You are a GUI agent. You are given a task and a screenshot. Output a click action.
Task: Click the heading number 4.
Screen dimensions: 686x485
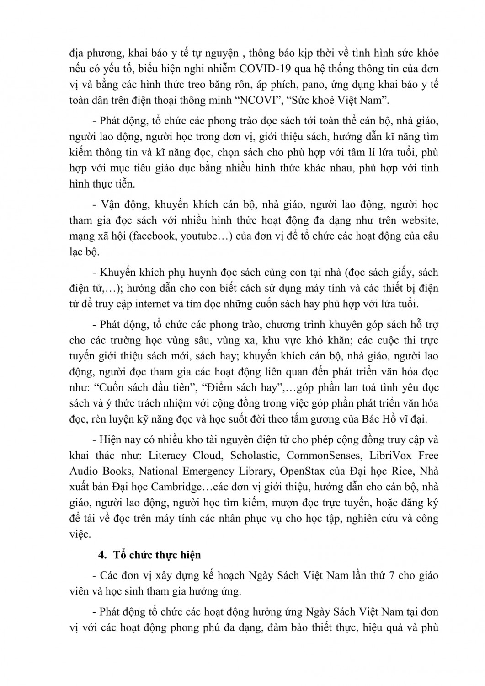[101, 555]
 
